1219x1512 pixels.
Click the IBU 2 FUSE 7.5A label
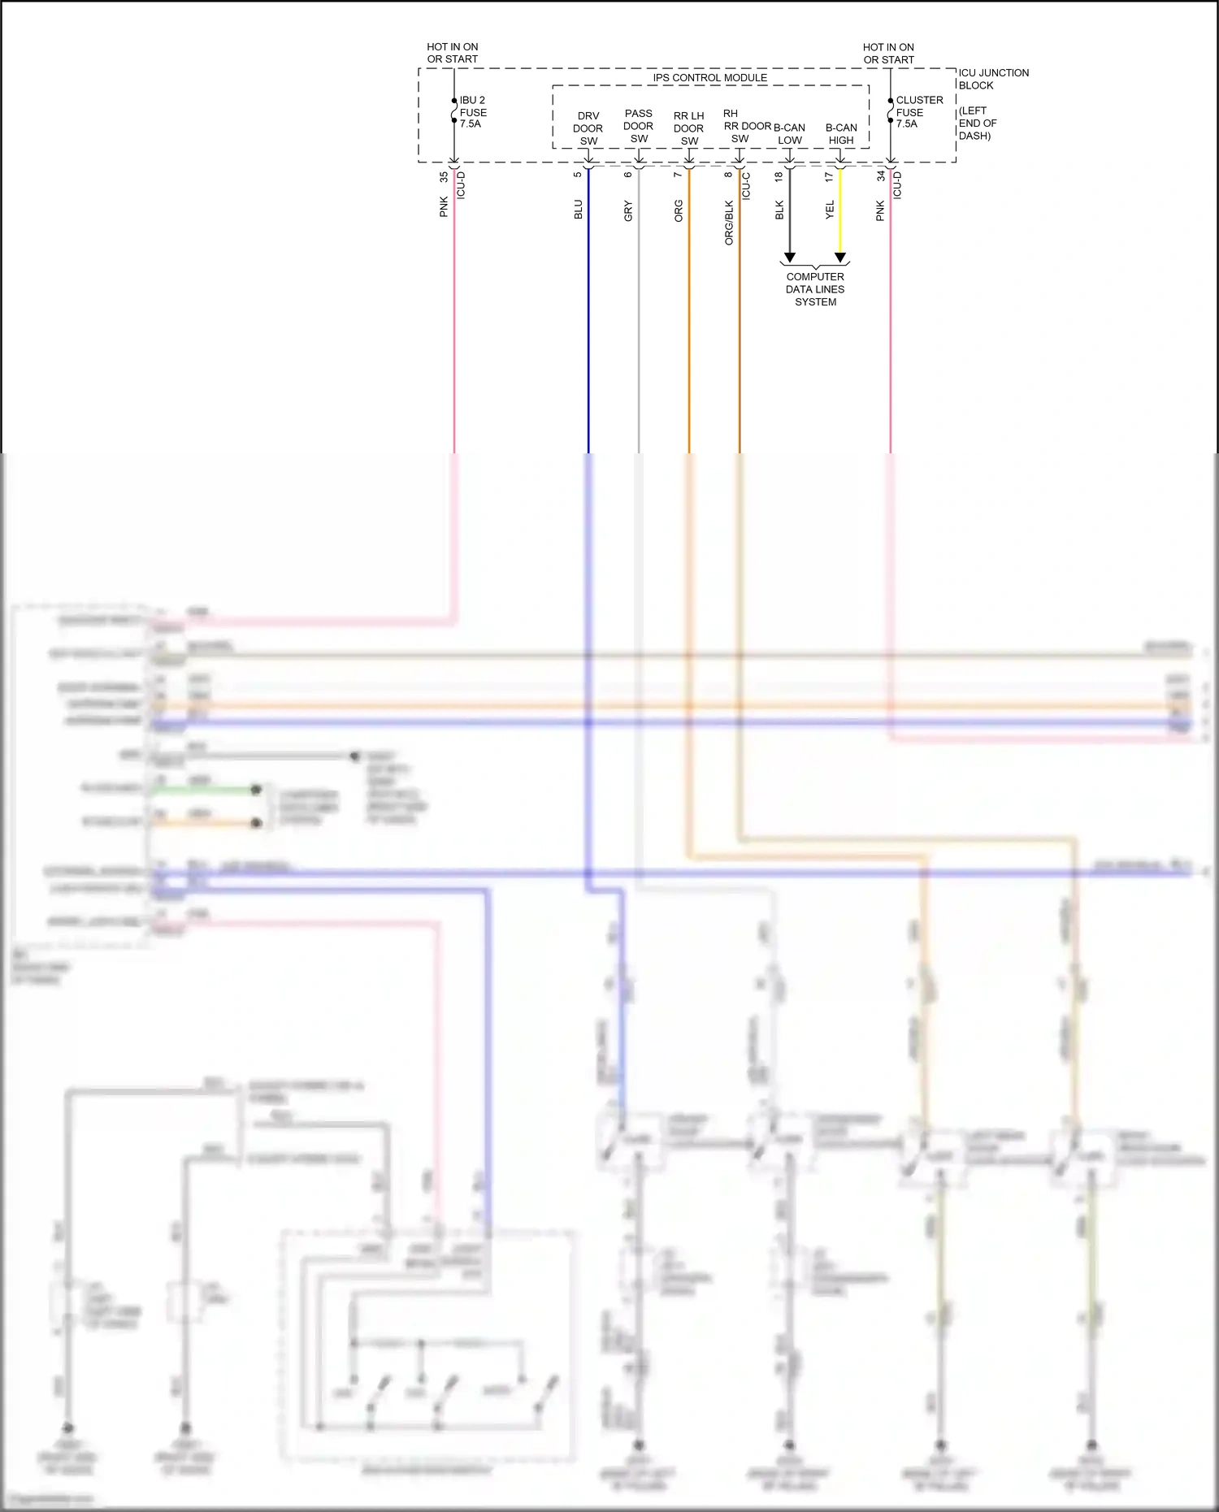click(x=473, y=112)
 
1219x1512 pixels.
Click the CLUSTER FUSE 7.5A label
click(x=918, y=112)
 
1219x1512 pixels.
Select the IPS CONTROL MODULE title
click(x=709, y=78)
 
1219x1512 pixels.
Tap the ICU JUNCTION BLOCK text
click(x=993, y=79)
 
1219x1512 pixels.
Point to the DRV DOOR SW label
click(x=588, y=128)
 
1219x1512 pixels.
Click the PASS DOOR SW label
click(x=638, y=126)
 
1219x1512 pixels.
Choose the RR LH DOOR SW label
click(x=688, y=128)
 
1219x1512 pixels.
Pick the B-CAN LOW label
click(x=789, y=134)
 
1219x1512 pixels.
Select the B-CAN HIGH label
click(x=841, y=134)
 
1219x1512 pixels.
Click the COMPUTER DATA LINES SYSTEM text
click(x=815, y=289)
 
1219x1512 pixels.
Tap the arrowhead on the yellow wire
click(x=840, y=258)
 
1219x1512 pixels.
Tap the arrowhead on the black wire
click(x=789, y=258)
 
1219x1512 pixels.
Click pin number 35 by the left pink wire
click(x=444, y=176)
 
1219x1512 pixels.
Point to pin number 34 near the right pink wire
click(x=880, y=176)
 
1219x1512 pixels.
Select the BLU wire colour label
click(x=578, y=210)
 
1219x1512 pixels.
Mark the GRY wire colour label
click(x=628, y=211)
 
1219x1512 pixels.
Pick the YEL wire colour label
click(x=830, y=210)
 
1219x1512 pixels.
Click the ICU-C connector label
click(x=746, y=186)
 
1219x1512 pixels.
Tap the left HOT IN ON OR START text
click(x=453, y=53)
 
